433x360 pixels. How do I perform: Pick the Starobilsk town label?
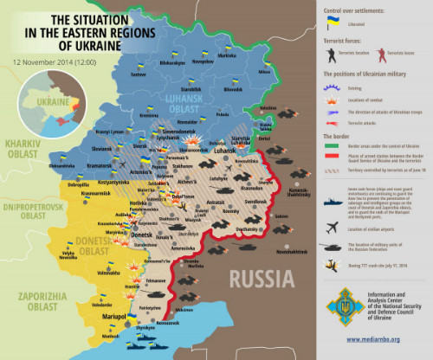click(x=190, y=88)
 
